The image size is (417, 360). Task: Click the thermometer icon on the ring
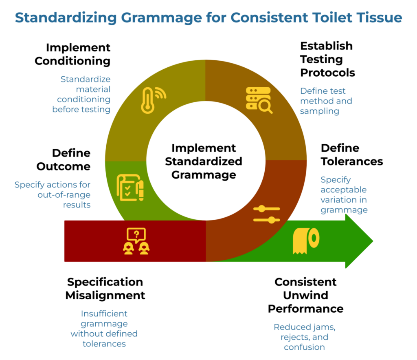tap(153, 100)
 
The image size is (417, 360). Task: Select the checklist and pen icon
tap(130, 188)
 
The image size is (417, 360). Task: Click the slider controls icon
tap(267, 214)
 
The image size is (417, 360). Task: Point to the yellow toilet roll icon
tap(306, 241)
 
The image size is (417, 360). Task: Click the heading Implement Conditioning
tap(72, 54)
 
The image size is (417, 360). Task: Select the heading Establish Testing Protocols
tap(327, 59)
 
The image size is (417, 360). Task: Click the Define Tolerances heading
tap(351, 155)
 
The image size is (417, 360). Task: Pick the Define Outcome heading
tap(64, 159)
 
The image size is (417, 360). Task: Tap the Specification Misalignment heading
tap(105, 288)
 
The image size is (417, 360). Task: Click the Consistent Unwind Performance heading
tap(305, 295)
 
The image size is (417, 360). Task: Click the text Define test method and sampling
tap(326, 101)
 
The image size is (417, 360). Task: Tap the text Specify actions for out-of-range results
tap(53, 194)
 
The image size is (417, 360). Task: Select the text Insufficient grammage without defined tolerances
tap(104, 329)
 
